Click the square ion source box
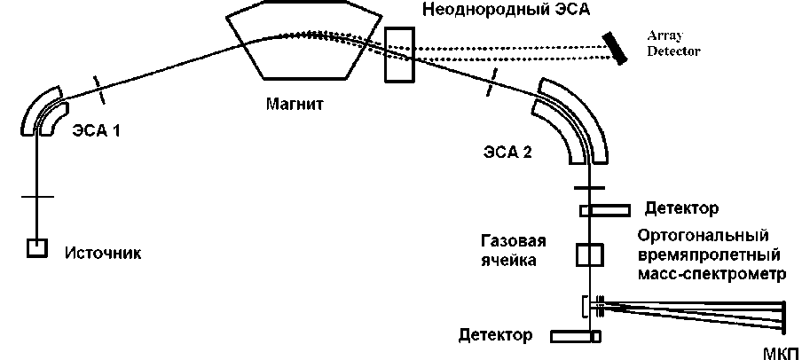coord(36,248)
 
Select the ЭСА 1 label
coord(95,130)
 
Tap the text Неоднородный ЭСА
coord(505,11)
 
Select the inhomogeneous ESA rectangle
coord(399,54)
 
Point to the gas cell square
coord(589,254)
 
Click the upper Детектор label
coord(681,209)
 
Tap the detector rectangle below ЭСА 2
coord(605,210)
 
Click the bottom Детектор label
coord(496,335)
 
